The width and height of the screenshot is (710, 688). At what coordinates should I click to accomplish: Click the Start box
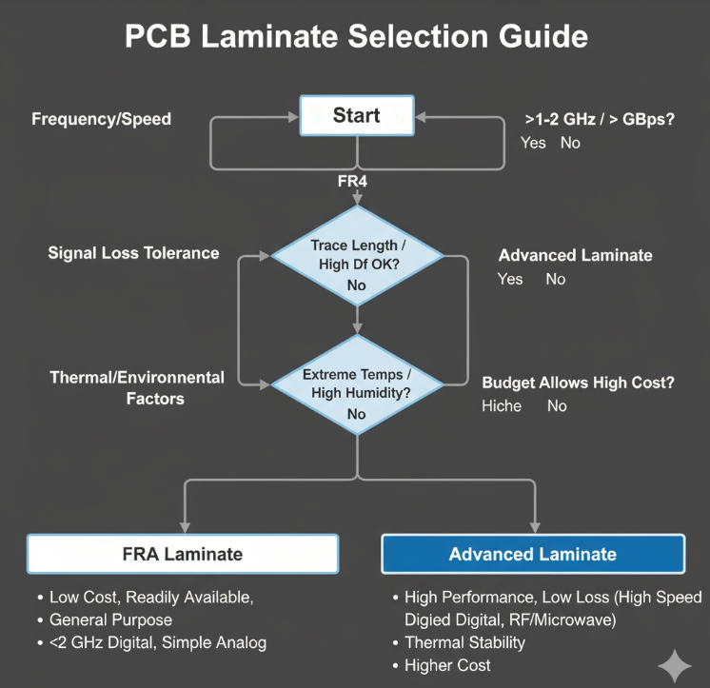click(x=357, y=115)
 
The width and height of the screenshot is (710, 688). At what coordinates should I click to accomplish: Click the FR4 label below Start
click(x=352, y=181)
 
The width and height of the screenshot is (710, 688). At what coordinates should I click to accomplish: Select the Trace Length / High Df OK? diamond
click(x=357, y=256)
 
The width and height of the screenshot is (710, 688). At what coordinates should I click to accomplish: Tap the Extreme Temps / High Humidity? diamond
click(x=357, y=384)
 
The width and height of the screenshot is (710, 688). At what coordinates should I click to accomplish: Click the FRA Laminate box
click(x=183, y=554)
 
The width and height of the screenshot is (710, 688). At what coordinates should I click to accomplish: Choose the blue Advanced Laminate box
click(x=533, y=554)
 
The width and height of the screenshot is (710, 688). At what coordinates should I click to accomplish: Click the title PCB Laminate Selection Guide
click(x=356, y=36)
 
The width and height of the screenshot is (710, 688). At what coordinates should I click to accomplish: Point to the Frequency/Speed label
click(x=102, y=119)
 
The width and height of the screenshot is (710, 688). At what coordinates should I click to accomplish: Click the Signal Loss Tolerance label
click(x=133, y=253)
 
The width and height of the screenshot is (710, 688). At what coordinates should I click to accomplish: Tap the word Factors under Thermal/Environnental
click(x=155, y=399)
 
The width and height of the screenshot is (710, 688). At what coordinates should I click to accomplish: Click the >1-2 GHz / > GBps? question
click(x=600, y=120)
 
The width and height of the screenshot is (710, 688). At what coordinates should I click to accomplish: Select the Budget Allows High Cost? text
click(x=578, y=383)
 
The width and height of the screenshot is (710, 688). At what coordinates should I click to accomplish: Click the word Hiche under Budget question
click(x=502, y=406)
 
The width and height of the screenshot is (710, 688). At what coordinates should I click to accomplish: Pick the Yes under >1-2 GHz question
click(x=533, y=143)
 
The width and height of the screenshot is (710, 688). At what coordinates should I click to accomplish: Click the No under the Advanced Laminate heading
click(x=556, y=279)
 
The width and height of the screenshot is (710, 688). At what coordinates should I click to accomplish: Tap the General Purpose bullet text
click(x=111, y=620)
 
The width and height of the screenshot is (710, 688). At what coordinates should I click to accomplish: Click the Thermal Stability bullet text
click(x=465, y=642)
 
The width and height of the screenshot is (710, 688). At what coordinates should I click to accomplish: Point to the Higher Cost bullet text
click(x=447, y=665)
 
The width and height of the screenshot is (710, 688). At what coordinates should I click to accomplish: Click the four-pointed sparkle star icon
click(x=675, y=666)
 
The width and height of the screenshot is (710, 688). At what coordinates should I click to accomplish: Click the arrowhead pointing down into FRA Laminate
click(x=185, y=528)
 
